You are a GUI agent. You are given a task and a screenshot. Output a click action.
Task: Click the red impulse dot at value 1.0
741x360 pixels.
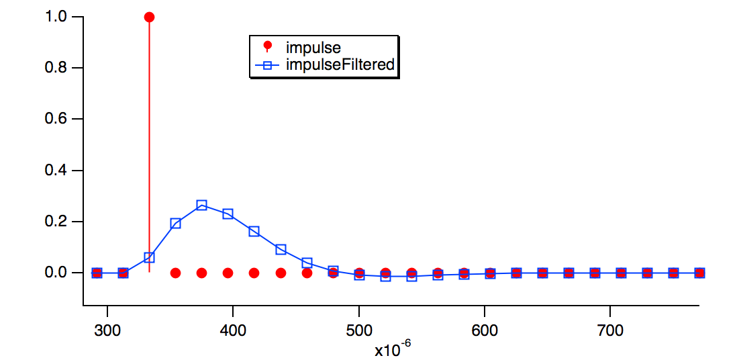pos(149,17)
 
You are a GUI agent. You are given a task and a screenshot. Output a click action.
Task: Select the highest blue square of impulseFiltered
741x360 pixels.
pos(201,205)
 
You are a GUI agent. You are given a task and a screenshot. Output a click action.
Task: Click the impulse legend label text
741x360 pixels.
pos(313,48)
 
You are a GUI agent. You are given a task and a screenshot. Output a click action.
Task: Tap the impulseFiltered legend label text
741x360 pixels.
pos(340,65)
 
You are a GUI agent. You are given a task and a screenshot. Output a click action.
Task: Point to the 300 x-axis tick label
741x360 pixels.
pos(107,330)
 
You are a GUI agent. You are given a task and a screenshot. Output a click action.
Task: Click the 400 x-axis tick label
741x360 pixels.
pos(233,330)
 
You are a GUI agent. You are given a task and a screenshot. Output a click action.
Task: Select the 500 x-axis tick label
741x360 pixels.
pos(358,330)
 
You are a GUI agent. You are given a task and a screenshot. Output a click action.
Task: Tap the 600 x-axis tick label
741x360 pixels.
pos(484,330)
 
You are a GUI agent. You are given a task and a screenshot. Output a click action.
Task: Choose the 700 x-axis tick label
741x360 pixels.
pos(609,330)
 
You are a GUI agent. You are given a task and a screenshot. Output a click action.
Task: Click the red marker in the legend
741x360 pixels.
pos(268,46)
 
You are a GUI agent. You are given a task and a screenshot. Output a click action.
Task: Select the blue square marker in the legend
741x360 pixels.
pos(268,65)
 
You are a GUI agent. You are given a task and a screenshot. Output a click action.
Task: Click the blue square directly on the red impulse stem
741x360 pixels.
pos(149,257)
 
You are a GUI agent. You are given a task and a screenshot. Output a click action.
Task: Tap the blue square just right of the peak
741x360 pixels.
pos(228,214)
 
